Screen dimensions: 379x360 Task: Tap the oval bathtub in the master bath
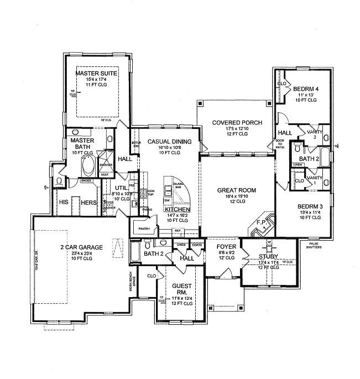click(x=88, y=165)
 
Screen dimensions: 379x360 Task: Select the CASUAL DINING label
click(x=169, y=142)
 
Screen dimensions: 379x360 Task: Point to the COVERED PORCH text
click(x=237, y=122)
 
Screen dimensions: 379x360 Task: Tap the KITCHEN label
click(x=178, y=211)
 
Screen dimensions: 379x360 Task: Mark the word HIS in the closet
click(x=64, y=203)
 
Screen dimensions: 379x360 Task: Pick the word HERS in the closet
click(x=89, y=203)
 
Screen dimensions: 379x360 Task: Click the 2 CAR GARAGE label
click(x=81, y=247)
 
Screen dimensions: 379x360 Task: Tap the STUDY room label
click(x=268, y=256)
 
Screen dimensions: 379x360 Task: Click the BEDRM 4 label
click(x=306, y=89)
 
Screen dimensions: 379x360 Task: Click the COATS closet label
click(x=196, y=244)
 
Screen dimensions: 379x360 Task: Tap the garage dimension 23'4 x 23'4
click(x=81, y=255)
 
